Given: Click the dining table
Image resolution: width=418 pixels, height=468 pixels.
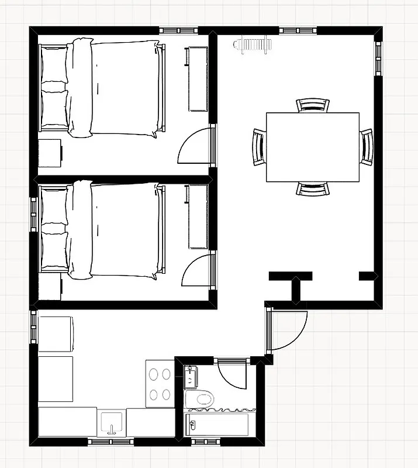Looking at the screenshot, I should tap(313, 147).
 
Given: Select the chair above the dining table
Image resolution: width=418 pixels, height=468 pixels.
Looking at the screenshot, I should tap(313, 105).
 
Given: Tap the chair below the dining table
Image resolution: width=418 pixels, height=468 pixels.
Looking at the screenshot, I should tap(313, 188).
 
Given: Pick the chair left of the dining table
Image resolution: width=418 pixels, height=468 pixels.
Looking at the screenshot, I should tap(259, 147).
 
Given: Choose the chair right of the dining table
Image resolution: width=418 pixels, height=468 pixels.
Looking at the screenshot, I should tap(366, 147).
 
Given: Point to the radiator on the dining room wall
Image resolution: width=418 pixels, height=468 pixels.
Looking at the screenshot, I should tap(253, 44).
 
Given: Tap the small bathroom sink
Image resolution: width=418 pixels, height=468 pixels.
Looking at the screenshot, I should tap(190, 377).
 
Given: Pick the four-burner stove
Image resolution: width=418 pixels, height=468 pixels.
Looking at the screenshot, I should tap(160, 383).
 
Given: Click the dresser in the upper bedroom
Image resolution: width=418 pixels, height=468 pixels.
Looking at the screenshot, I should tap(198, 80).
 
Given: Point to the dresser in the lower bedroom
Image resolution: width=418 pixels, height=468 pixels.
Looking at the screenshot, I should tap(198, 216).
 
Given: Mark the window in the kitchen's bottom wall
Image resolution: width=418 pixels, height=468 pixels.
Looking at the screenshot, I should tap(111, 442).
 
